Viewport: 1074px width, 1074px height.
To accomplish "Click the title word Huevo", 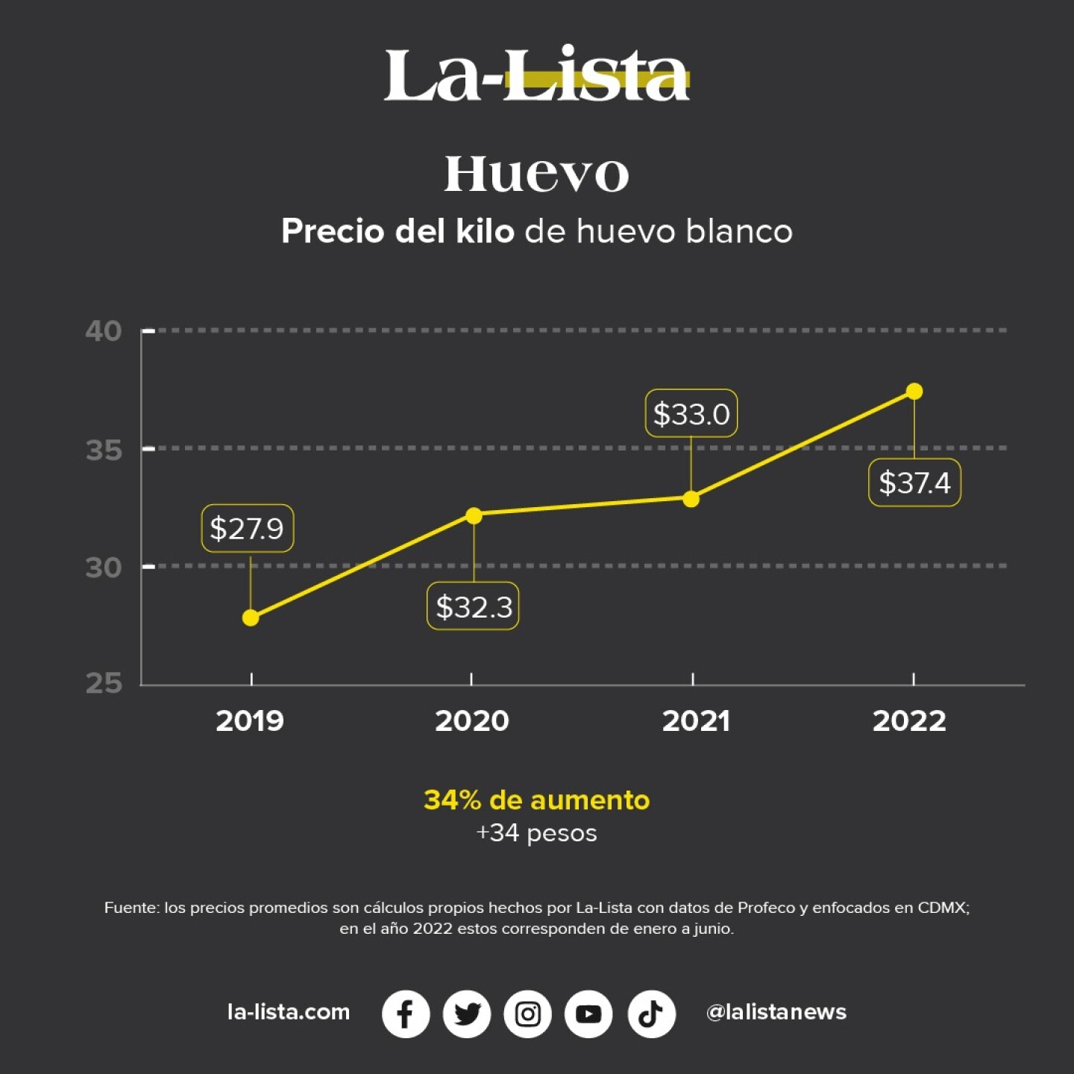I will [x=536, y=175].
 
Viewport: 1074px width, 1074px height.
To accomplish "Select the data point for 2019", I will [x=251, y=618].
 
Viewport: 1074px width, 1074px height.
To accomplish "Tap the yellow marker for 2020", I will [x=474, y=515].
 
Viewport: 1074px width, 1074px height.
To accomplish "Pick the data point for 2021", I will [x=691, y=498].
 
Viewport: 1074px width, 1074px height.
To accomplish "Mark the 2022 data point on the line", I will [x=914, y=392].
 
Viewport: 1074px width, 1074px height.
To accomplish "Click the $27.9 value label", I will [x=247, y=529].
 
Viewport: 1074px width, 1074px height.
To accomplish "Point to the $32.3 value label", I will [x=473, y=606].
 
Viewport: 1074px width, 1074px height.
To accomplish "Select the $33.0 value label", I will [x=691, y=413].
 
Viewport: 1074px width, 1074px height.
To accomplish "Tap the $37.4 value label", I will [x=914, y=483].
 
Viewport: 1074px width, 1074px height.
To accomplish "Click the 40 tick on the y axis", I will [x=104, y=330].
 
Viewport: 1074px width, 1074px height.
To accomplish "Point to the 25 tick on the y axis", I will [x=104, y=683].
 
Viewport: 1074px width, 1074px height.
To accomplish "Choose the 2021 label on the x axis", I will [x=696, y=720].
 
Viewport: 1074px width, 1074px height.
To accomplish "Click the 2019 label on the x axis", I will [x=250, y=720].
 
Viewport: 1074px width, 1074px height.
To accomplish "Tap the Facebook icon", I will [x=406, y=1014].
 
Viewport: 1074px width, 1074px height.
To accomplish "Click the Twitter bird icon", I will [x=467, y=1014].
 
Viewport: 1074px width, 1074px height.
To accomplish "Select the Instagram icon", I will [x=528, y=1014].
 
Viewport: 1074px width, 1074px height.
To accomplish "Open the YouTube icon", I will [x=589, y=1014].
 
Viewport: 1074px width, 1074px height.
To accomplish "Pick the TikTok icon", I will [x=651, y=1014].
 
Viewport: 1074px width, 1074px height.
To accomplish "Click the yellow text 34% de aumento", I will [x=536, y=800].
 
